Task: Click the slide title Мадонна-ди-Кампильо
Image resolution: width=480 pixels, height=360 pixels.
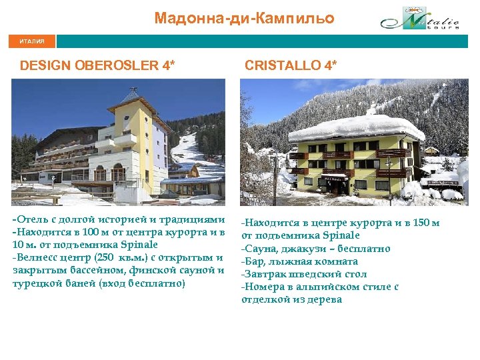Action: pos(244,18)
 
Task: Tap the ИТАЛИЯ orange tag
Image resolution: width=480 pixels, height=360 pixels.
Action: pos(32,41)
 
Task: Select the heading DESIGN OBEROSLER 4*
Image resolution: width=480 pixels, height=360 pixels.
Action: pos(98,66)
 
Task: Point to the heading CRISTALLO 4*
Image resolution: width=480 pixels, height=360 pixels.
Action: pos(291,66)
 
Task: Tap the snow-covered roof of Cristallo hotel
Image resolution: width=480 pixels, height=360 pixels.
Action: pos(357,127)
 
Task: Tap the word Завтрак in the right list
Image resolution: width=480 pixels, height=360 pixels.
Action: pos(265,274)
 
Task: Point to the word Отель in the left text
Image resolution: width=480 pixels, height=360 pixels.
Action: pos(31,219)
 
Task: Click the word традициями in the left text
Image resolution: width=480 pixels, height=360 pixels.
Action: pos(191,219)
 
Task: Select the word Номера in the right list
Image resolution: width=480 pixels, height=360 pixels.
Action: pos(263,287)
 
